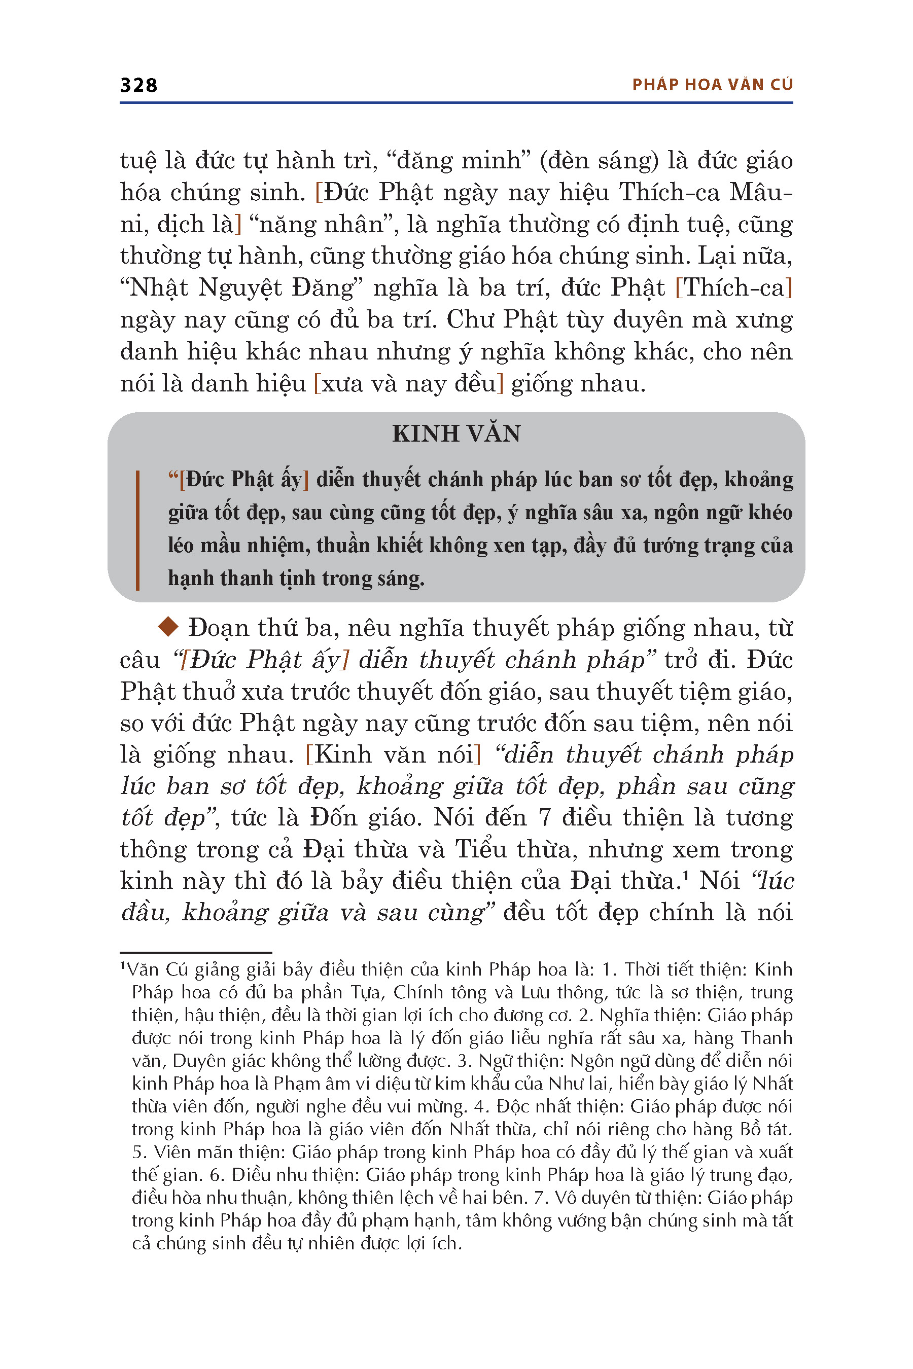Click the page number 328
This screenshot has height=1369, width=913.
pyautogui.click(x=138, y=85)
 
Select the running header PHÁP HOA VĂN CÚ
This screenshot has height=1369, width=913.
pyautogui.click(x=712, y=85)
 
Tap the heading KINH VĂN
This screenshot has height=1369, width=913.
pyautogui.click(x=456, y=434)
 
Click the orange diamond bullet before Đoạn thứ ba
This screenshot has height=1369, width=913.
pyautogui.click(x=168, y=627)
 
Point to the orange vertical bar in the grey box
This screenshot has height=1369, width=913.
pyautogui.click(x=137, y=530)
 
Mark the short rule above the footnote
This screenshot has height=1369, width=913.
pyautogui.click(x=196, y=953)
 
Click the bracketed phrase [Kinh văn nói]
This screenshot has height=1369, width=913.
pyautogui.click(x=394, y=754)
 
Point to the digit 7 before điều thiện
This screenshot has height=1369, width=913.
pyautogui.click(x=544, y=818)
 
